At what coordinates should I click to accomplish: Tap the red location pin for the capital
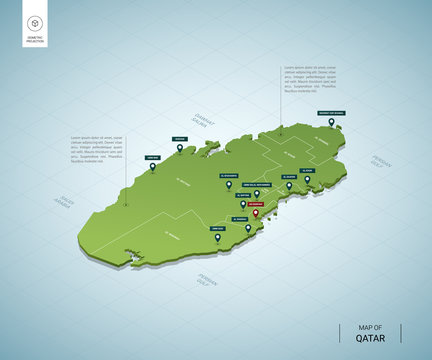(255, 212)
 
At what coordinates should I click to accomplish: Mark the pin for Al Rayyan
(242, 205)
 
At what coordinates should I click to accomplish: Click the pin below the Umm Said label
(217, 238)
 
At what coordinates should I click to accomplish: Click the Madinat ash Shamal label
(331, 114)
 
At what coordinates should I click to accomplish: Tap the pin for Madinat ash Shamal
(331, 124)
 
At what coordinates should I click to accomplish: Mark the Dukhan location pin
(178, 149)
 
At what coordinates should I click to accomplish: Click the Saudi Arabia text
(65, 201)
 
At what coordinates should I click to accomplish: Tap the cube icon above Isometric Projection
(35, 23)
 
